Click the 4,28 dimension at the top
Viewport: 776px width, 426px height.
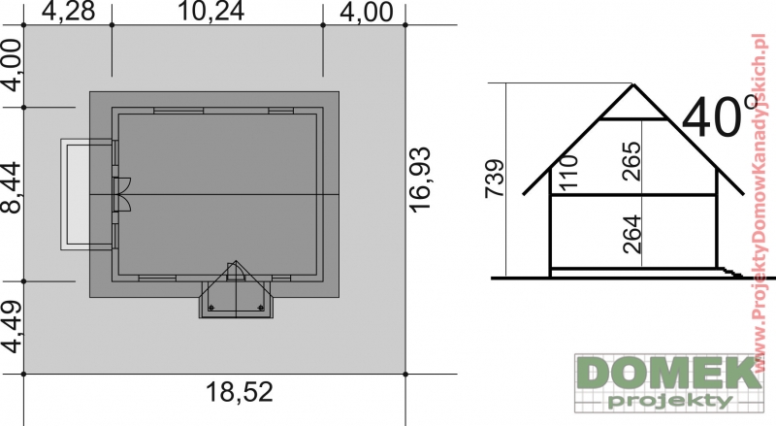point(68,11)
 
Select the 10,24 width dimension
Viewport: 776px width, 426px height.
point(210,11)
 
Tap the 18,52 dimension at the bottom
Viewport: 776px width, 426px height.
point(239,392)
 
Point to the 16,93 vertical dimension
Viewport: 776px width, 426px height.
point(420,180)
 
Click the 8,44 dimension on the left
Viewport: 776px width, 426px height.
point(12,187)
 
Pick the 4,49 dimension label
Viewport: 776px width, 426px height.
point(12,327)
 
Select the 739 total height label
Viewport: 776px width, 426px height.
point(495,179)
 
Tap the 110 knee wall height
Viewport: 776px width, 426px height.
point(569,172)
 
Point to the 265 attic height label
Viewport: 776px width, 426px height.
point(632,161)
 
